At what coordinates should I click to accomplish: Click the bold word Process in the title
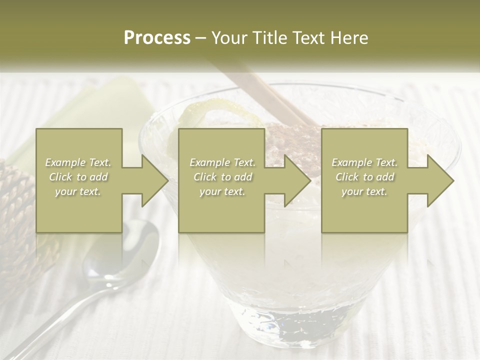[x=157, y=38]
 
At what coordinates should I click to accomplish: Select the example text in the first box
[x=78, y=177]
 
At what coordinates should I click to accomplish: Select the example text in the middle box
[x=222, y=177]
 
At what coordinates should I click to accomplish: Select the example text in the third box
[x=364, y=177]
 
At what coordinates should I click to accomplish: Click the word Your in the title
[x=229, y=38]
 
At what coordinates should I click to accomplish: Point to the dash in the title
[x=200, y=38]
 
